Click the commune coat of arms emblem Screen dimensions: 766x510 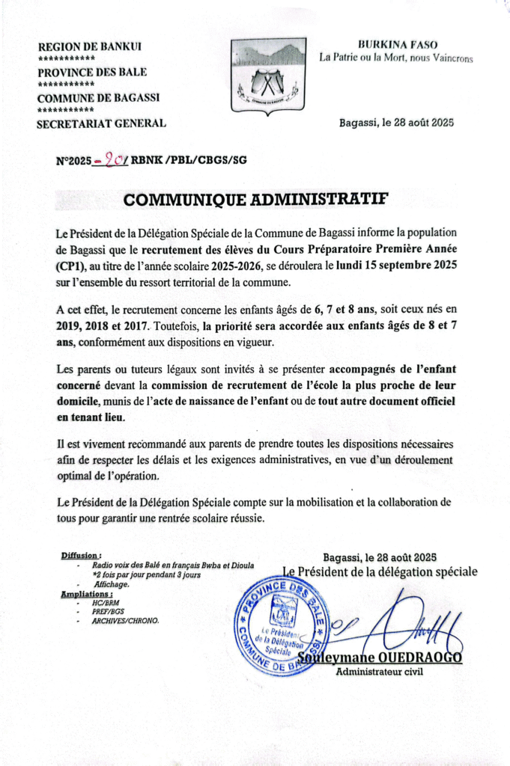click(267, 74)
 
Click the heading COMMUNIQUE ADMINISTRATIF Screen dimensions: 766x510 click(256, 200)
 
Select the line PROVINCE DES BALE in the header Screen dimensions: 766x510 click(92, 73)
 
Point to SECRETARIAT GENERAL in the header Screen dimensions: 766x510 click(102, 123)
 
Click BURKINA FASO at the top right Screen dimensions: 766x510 click(398, 45)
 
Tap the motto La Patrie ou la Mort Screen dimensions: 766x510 click(396, 58)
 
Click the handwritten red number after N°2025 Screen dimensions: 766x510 click(115, 159)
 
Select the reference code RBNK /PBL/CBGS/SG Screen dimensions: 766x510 click(189, 160)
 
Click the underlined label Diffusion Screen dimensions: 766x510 click(80, 556)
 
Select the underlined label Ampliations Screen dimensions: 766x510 click(85, 594)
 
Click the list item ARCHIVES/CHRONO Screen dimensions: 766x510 click(126, 620)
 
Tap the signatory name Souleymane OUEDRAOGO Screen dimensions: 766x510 click(380, 658)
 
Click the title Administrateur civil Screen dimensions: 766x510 click(380, 672)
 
